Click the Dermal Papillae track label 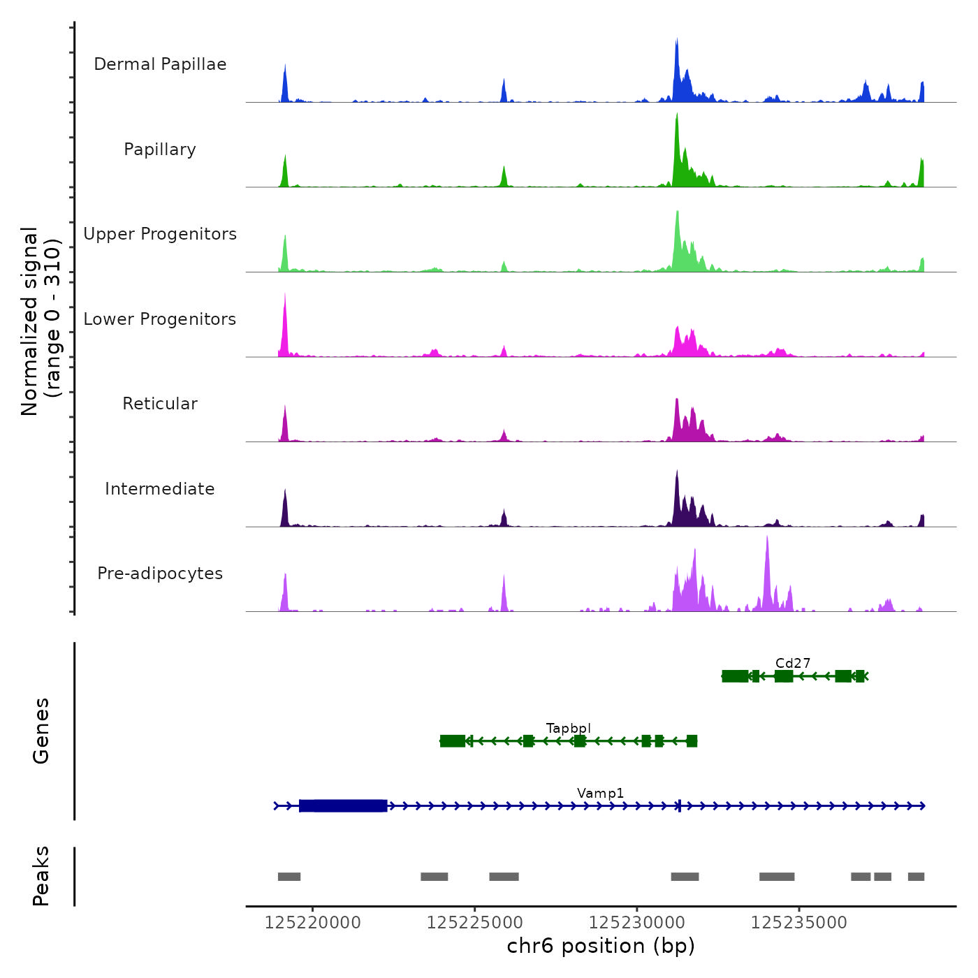click(x=160, y=64)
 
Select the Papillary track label click(x=160, y=149)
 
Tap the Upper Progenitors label click(x=160, y=234)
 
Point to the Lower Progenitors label click(x=160, y=319)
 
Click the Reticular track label click(x=160, y=404)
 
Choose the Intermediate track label click(x=160, y=489)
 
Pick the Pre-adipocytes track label click(x=160, y=574)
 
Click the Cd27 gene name click(x=793, y=663)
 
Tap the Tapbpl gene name click(x=569, y=728)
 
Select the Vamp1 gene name click(x=601, y=793)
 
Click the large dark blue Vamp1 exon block click(x=343, y=806)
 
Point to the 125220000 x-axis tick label click(x=313, y=923)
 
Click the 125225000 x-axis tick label click(x=475, y=923)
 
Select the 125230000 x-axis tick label click(x=637, y=923)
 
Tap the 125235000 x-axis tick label click(x=799, y=923)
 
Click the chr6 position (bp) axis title click(x=601, y=946)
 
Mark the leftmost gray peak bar click(x=289, y=877)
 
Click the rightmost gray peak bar click(x=916, y=877)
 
